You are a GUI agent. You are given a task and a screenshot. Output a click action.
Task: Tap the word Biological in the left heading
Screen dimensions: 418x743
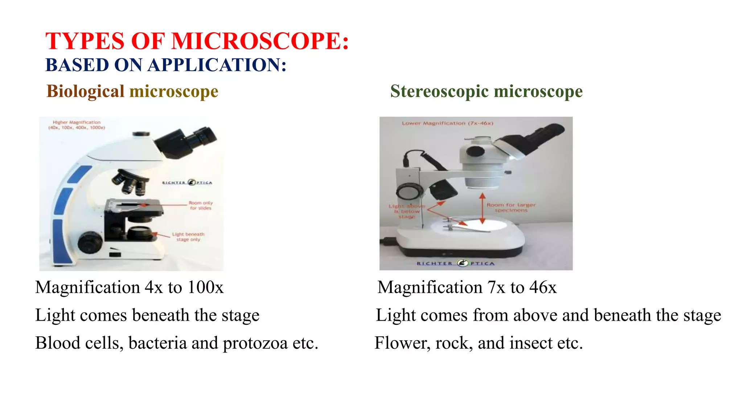(86, 91)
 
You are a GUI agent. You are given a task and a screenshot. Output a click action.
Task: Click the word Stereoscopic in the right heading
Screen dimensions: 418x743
(439, 91)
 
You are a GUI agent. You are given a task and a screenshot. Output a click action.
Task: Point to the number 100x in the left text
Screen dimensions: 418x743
(205, 287)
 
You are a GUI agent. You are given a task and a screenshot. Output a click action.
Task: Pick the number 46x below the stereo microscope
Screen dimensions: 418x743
(543, 287)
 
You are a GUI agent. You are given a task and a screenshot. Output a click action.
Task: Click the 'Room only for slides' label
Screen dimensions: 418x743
(200, 205)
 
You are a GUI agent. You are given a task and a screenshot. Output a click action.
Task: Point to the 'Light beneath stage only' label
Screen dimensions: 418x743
(188, 237)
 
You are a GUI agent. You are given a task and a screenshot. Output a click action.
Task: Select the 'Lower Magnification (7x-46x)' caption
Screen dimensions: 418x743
(447, 123)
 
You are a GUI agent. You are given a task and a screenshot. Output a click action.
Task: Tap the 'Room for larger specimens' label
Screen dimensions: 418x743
(511, 208)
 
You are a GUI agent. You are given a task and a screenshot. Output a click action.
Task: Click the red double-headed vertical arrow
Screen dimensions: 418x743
(482, 209)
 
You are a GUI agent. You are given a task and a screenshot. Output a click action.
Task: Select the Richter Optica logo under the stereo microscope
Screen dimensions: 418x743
(456, 263)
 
